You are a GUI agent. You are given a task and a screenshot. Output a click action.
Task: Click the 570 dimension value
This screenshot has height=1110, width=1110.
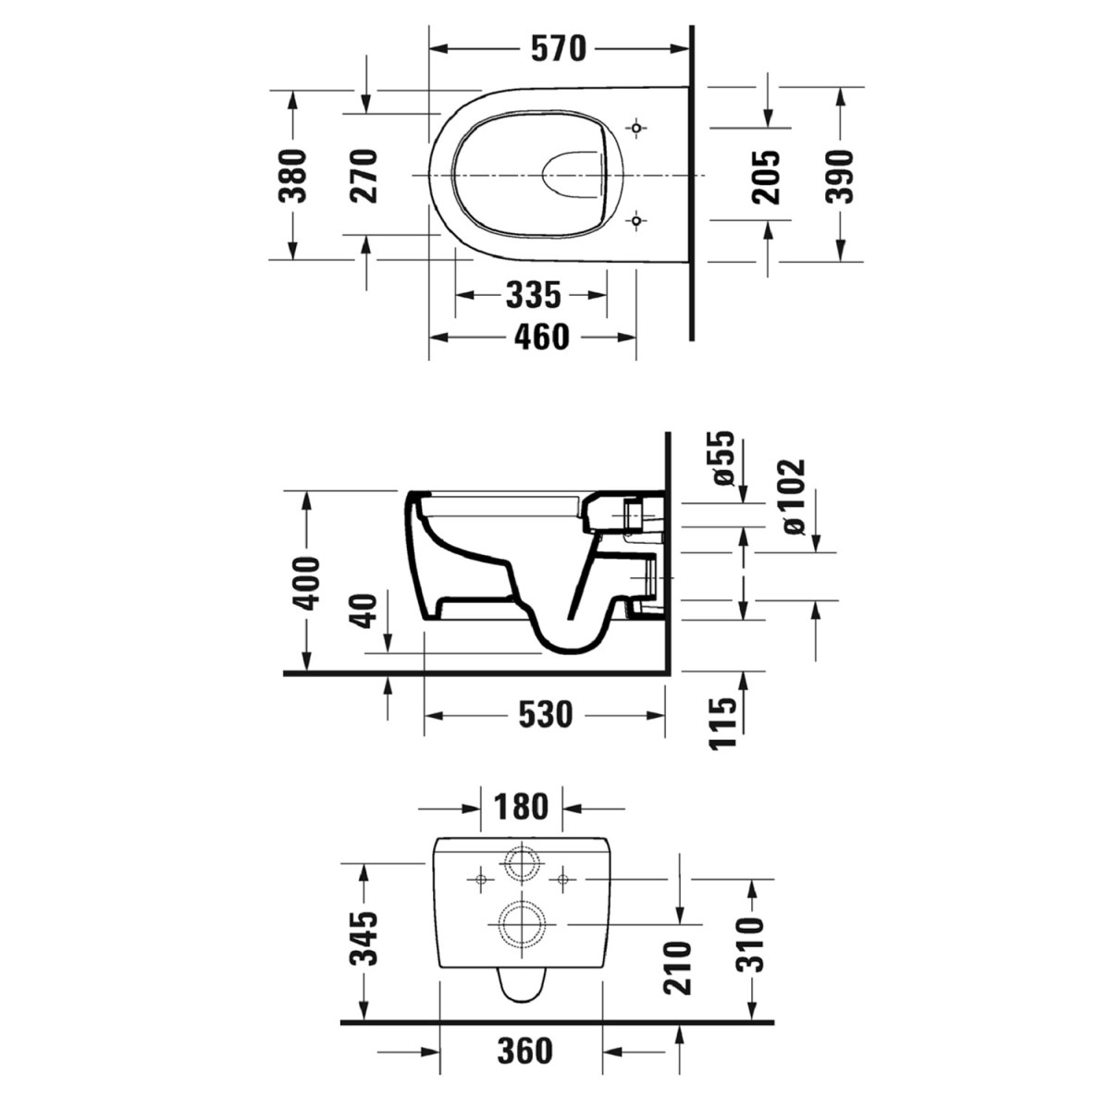pyautogui.click(x=558, y=48)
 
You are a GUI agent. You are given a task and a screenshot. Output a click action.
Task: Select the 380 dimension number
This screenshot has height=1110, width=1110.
pyautogui.click(x=292, y=176)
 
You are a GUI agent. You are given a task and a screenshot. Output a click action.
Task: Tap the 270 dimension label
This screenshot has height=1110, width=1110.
pyautogui.click(x=364, y=176)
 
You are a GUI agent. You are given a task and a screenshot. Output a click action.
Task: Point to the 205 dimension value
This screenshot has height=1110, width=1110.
pyautogui.click(x=766, y=178)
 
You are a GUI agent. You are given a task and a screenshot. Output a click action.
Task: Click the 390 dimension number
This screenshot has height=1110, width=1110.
pyautogui.click(x=839, y=177)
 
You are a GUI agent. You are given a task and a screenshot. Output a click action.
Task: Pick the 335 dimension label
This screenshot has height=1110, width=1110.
pyautogui.click(x=533, y=295)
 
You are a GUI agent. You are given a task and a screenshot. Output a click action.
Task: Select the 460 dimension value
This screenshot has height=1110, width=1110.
pyautogui.click(x=541, y=337)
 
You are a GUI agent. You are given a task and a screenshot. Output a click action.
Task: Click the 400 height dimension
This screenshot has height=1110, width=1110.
pyautogui.click(x=305, y=583)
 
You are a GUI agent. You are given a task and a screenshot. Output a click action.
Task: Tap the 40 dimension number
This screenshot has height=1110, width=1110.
pyautogui.click(x=364, y=611)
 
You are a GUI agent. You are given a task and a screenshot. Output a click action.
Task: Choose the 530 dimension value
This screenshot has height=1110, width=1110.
pyautogui.click(x=546, y=715)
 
